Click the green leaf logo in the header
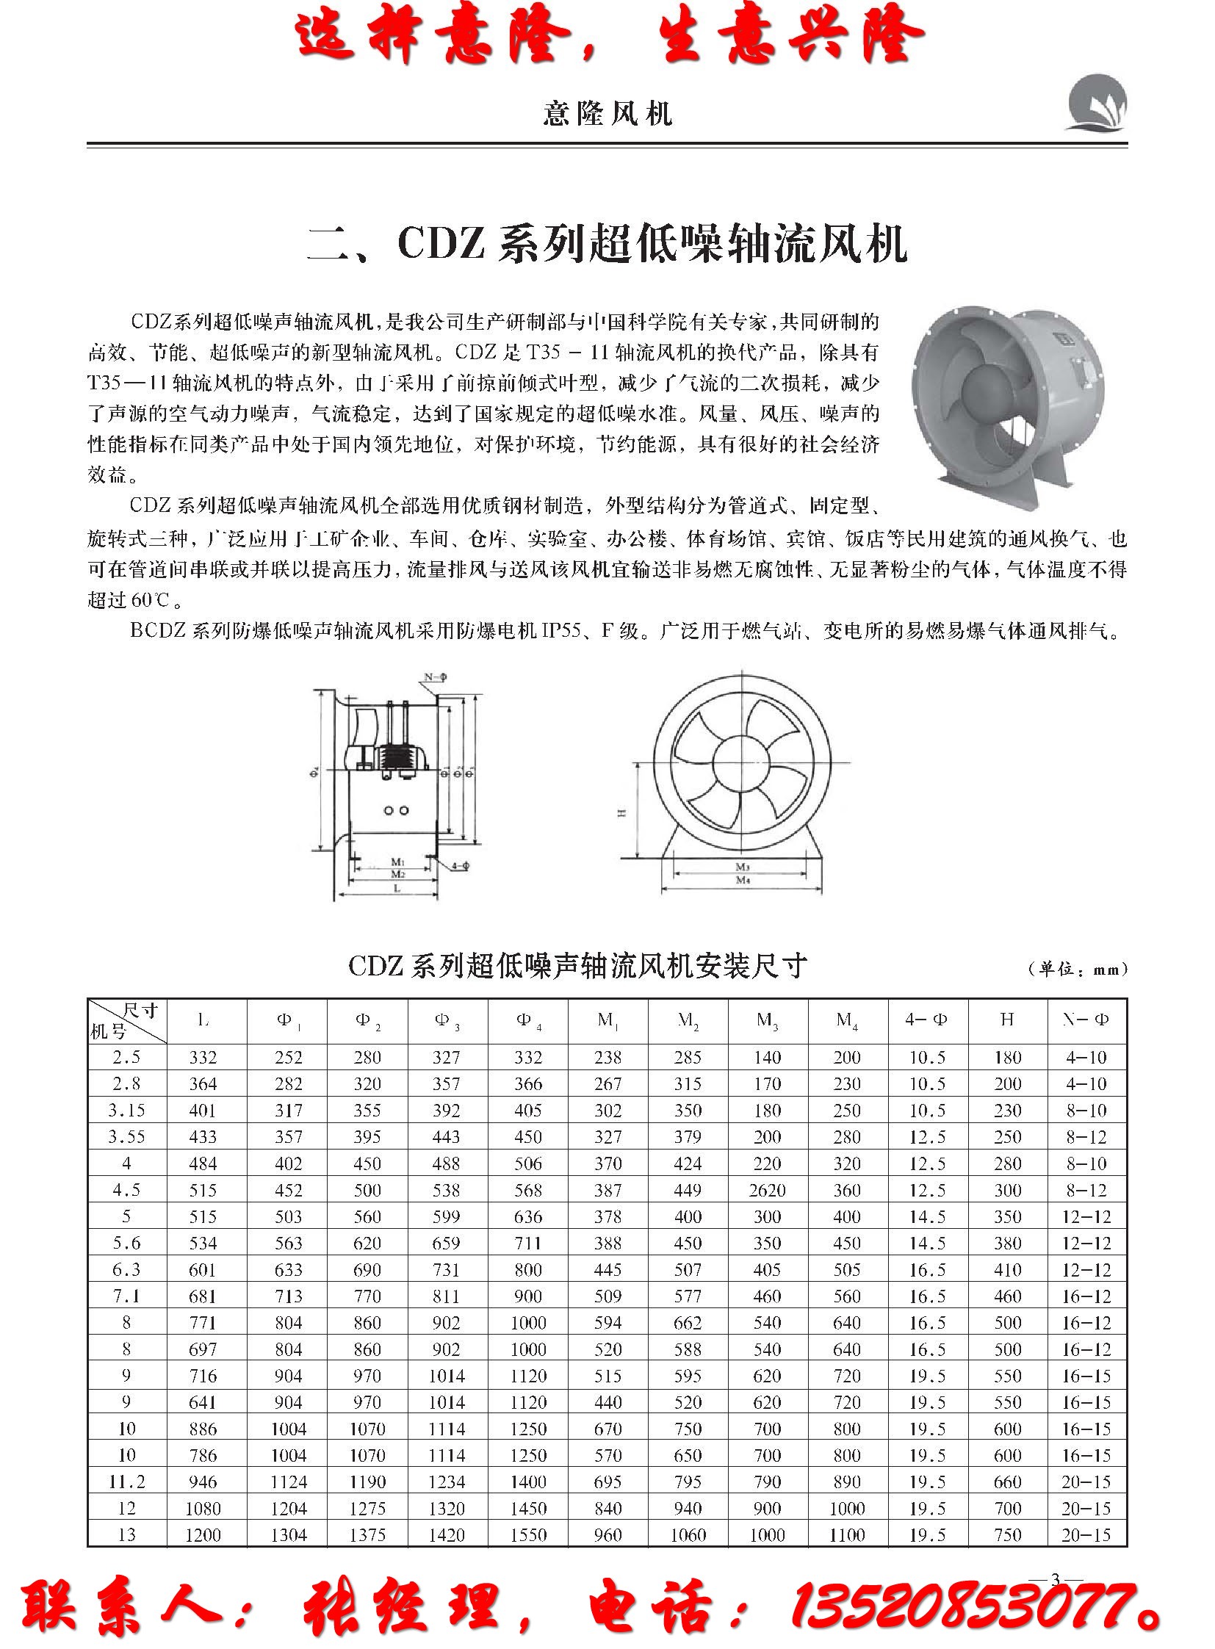coord(1095,103)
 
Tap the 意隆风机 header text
coord(607,113)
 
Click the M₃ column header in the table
coord(767,1020)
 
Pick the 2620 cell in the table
coord(767,1190)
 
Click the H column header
coord(1007,1020)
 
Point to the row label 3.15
coord(126,1111)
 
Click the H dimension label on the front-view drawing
coord(621,812)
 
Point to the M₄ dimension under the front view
coord(743,880)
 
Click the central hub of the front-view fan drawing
coord(741,762)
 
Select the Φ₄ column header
coord(528,1020)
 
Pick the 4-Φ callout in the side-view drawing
coord(460,866)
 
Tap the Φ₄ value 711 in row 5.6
coord(528,1243)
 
